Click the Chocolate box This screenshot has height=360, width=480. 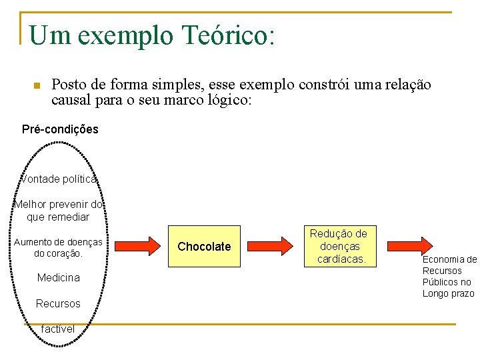point(204,247)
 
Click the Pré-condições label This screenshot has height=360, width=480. point(60,129)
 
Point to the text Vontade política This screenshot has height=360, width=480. point(59,179)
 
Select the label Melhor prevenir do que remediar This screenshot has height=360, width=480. point(58,211)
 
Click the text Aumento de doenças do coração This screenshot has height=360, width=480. point(58,247)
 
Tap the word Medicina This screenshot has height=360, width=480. point(58,277)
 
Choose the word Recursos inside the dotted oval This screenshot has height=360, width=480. point(58,304)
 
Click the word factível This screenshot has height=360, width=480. point(57,329)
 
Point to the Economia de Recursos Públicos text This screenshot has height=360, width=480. point(449,277)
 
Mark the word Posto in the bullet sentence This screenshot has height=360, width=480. point(69,85)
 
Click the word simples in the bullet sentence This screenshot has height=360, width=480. point(180,85)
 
